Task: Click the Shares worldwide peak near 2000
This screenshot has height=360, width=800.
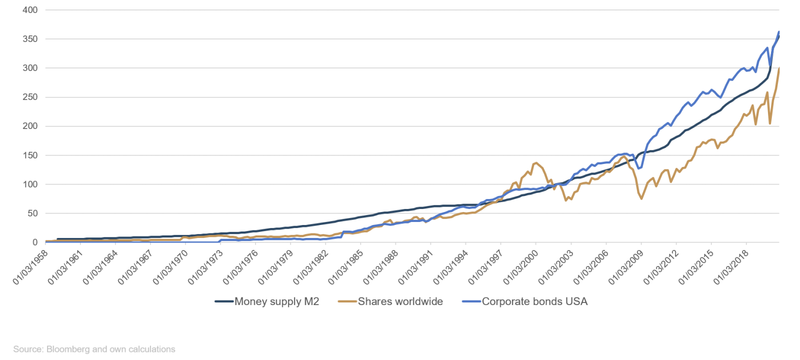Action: (x=536, y=162)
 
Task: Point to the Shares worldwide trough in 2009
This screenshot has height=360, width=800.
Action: (x=641, y=199)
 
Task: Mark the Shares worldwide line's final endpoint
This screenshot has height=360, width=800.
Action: (x=779, y=68)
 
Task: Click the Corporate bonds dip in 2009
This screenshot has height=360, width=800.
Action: (x=638, y=169)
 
